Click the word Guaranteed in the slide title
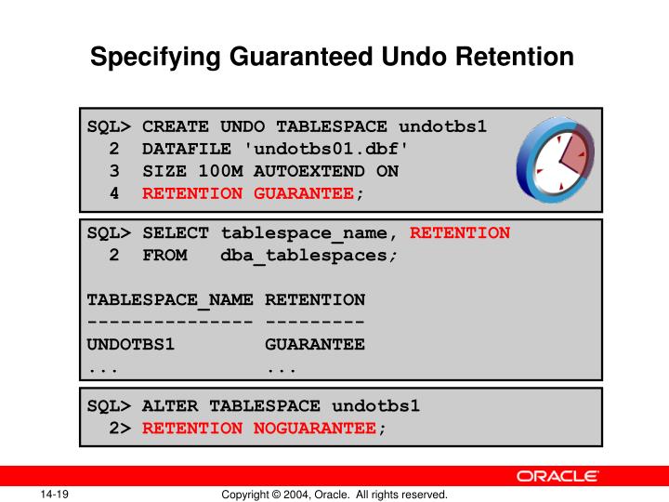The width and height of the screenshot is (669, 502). tap(308, 58)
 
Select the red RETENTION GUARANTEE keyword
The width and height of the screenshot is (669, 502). tap(248, 193)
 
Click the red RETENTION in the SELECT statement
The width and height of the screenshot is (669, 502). tap(460, 233)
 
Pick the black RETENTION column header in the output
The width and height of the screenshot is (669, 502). tap(315, 300)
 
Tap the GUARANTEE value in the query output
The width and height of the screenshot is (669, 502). tap(315, 345)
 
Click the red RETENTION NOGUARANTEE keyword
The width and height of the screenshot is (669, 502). tap(259, 428)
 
